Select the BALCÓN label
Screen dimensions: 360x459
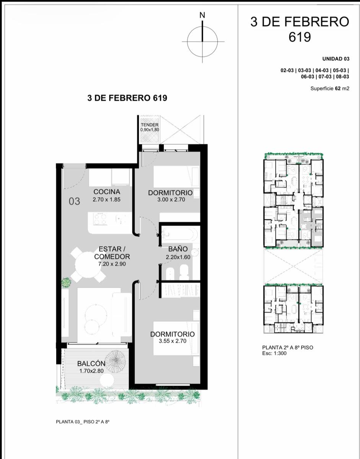[91, 363]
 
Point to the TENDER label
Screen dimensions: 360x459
[150, 125]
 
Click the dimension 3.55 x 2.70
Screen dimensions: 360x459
[173, 341]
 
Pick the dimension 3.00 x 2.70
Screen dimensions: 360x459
[171, 199]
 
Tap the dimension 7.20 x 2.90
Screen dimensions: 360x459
[112, 264]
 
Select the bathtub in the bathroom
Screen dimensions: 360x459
[180, 234]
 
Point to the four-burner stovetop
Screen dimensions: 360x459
[100, 219]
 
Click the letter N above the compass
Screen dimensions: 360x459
[202, 15]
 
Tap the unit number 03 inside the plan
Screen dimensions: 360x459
[74, 201]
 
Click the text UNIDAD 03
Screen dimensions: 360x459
[336, 59]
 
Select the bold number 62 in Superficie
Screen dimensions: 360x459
[338, 88]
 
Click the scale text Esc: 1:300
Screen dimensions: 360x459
[274, 353]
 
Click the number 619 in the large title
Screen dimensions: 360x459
[300, 37]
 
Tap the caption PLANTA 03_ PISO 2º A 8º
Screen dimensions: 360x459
[83, 422]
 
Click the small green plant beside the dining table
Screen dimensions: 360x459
[66, 282]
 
